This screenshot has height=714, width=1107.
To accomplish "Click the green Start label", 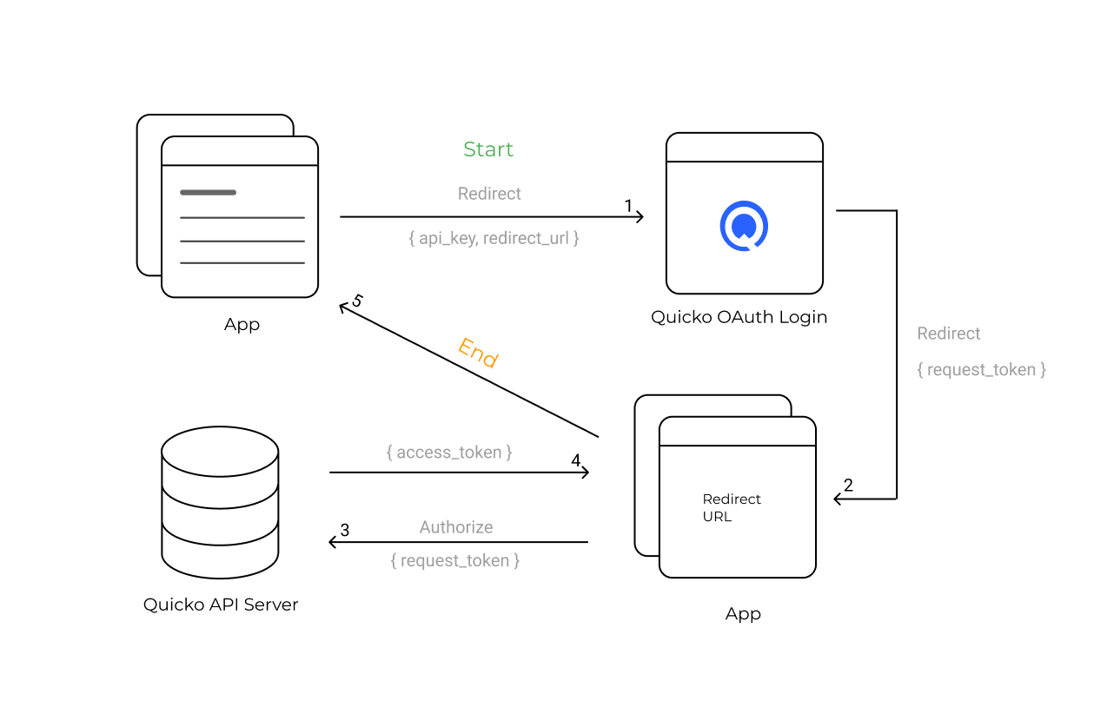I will (x=488, y=149).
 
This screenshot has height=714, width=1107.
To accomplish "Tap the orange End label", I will (x=478, y=353).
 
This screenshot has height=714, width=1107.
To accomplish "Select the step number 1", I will (x=628, y=206).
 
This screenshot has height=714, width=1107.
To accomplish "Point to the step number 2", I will (x=848, y=486).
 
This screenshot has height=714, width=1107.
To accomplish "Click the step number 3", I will (x=345, y=530).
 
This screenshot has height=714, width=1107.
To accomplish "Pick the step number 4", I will (x=576, y=460).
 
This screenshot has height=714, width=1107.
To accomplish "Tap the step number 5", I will (x=356, y=301).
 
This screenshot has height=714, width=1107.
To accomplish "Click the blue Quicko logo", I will (x=744, y=226).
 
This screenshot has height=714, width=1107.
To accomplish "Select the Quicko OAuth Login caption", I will (x=739, y=317).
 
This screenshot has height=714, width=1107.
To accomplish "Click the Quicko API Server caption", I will (x=221, y=605).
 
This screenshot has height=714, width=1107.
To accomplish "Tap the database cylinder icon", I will (x=221, y=502).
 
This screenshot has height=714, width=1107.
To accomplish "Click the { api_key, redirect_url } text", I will (x=494, y=238).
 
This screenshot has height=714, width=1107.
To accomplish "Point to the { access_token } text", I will (x=449, y=453).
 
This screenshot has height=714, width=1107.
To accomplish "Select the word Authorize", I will (x=456, y=527).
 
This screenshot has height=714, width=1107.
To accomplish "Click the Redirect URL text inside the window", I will (x=732, y=507).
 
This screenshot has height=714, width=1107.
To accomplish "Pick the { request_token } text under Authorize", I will (x=455, y=561).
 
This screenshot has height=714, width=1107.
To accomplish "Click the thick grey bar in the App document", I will (x=208, y=192).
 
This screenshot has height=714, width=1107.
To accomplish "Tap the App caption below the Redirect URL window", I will (x=743, y=614).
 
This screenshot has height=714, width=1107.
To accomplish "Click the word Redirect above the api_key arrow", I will (x=489, y=194).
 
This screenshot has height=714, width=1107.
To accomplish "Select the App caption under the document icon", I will (x=242, y=325).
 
